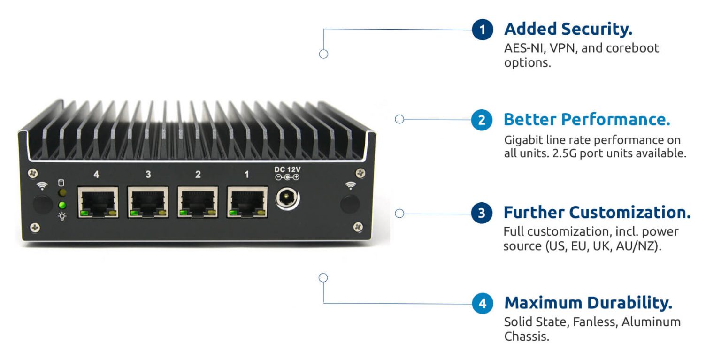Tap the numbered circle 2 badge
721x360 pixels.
482,120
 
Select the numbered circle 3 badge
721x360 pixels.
482,214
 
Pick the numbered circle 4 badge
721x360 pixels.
483,304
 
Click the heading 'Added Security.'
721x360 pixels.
568,29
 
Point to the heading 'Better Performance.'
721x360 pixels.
587,120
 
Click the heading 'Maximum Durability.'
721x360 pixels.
588,303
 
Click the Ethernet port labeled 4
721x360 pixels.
98,202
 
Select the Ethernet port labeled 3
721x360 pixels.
148,202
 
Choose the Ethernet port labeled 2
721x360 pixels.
198,202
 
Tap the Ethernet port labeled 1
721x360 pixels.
247,202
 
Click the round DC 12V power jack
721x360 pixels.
287,199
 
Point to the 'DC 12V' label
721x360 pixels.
287,169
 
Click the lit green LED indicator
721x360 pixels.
61,205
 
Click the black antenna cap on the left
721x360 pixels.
43,205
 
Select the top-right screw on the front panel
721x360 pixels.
360,173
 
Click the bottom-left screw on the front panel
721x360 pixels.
35,228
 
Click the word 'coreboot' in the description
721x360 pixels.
631,48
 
